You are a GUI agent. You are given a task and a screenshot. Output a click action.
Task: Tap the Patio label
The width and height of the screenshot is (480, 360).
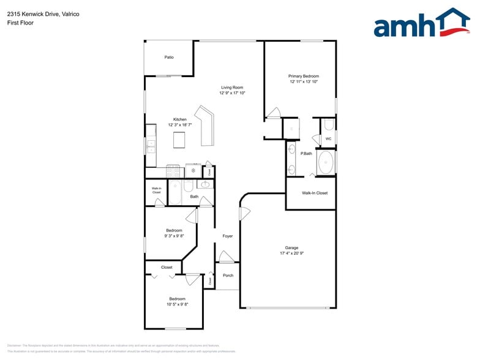point(169,58)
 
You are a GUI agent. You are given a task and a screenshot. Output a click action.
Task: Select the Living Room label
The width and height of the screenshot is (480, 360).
point(232,88)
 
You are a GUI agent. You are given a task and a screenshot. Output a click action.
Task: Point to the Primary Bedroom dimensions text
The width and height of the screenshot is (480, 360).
point(303,81)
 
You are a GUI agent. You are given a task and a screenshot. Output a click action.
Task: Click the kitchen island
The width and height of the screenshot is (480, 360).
point(179,140)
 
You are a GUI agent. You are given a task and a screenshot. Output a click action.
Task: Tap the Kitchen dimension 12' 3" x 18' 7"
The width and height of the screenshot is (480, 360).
point(180,125)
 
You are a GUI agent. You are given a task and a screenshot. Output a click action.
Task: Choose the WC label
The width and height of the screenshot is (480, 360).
point(328,139)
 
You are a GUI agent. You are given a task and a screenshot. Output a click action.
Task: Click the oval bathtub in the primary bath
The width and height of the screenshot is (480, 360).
point(326,162)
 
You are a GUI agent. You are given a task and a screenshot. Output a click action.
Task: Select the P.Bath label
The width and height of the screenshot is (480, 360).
point(306,154)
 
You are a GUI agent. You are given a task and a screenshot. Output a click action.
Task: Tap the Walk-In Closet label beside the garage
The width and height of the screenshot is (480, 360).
point(315,193)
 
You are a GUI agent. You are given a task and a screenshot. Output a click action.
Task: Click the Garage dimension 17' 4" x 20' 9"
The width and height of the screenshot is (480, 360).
point(291,253)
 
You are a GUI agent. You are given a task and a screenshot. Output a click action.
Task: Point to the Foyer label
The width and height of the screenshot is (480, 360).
point(227,236)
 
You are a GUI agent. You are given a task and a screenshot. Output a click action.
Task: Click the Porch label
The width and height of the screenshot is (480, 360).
point(228,276)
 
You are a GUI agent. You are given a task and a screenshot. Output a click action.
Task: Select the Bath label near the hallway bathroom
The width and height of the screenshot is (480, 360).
point(194,197)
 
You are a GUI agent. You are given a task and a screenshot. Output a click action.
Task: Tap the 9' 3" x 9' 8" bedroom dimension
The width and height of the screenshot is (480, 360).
point(174,236)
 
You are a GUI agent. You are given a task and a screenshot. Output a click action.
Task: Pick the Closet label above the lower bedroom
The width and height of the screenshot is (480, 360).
point(167,268)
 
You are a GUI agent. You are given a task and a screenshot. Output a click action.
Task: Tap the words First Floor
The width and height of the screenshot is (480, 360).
point(21,23)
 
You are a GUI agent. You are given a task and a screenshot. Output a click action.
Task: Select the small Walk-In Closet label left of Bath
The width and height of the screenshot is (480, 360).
point(157,190)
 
